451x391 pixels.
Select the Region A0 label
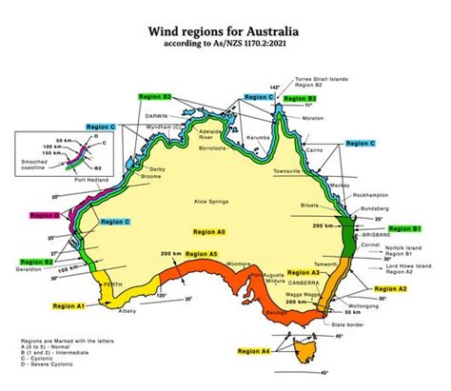tap(208, 231)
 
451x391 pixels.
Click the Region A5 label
tap(201, 254)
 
